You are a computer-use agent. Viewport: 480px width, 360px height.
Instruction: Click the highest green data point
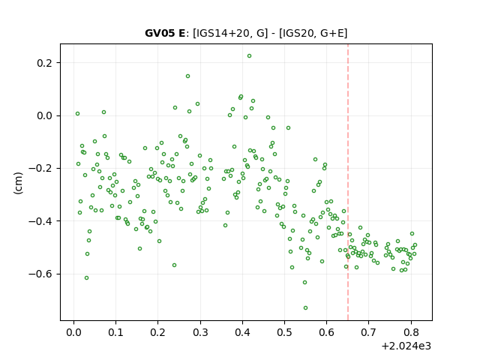tap(249, 56)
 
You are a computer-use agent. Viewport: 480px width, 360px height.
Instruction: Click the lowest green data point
tap(305, 307)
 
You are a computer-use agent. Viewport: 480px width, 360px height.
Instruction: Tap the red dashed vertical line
tap(348, 182)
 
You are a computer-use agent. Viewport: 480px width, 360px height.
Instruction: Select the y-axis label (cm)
tap(18, 183)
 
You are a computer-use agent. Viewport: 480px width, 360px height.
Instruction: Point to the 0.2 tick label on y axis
tap(45, 63)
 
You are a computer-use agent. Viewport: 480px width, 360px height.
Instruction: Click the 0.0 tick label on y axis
tap(45, 116)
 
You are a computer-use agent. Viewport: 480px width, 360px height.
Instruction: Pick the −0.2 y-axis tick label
tap(40, 169)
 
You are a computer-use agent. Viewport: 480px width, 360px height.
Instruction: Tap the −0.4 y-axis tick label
tap(40, 221)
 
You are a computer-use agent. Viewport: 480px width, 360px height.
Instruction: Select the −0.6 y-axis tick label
tap(40, 274)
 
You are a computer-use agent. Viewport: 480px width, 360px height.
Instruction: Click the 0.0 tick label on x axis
tap(73, 332)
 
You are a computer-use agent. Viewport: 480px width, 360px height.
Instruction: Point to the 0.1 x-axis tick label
tap(115, 332)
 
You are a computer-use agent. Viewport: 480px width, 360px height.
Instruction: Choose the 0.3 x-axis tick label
tap(200, 332)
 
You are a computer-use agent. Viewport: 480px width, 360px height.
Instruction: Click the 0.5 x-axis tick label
tap(285, 332)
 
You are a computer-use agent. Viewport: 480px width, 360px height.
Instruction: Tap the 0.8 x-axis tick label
tap(411, 332)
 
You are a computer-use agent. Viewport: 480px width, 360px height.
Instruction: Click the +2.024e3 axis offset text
tap(406, 346)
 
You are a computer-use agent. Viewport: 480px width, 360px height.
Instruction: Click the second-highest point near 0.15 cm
tap(187, 76)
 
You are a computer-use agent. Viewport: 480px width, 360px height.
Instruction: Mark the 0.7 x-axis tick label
tap(369, 332)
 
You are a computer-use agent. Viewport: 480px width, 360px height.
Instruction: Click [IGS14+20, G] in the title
tap(230, 33)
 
